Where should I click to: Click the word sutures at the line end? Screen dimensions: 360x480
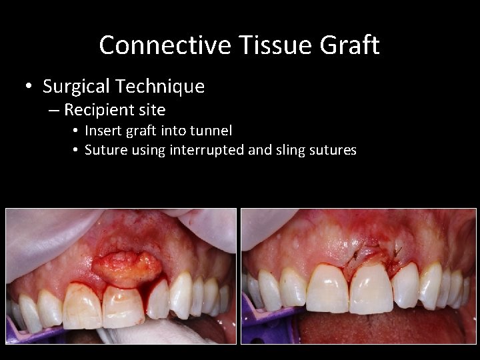pos(333,150)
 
